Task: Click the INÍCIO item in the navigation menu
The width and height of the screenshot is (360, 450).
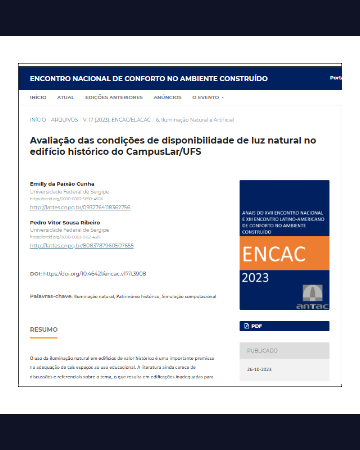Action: click(38, 97)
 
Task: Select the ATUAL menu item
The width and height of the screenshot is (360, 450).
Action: click(66, 97)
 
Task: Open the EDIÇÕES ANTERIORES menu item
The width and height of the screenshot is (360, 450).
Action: click(114, 97)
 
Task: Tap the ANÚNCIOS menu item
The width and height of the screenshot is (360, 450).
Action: click(167, 97)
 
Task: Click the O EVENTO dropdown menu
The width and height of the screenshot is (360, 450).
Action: click(208, 97)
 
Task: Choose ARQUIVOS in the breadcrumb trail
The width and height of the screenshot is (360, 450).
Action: click(64, 120)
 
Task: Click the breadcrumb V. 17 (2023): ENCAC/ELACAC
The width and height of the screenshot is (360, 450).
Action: click(117, 120)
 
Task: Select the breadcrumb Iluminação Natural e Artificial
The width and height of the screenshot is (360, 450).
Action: click(195, 120)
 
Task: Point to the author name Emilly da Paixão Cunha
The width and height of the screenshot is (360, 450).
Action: click(62, 184)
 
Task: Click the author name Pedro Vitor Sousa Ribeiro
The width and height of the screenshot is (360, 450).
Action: click(65, 223)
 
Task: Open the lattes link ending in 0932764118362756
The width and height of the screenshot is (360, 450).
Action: click(80, 207)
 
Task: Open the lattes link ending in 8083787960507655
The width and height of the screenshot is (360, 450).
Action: click(82, 246)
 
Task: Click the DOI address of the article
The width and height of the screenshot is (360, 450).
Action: click(95, 274)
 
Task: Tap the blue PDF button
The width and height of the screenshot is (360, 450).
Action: click(284, 326)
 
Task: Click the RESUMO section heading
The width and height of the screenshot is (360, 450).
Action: click(44, 330)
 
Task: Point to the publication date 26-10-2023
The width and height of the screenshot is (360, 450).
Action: click(259, 369)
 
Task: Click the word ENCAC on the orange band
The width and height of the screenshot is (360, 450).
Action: click(274, 254)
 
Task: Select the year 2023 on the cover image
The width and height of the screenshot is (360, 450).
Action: click(255, 278)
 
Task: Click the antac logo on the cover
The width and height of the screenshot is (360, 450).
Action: click(312, 297)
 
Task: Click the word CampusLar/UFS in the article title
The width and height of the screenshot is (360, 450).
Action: click(163, 152)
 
